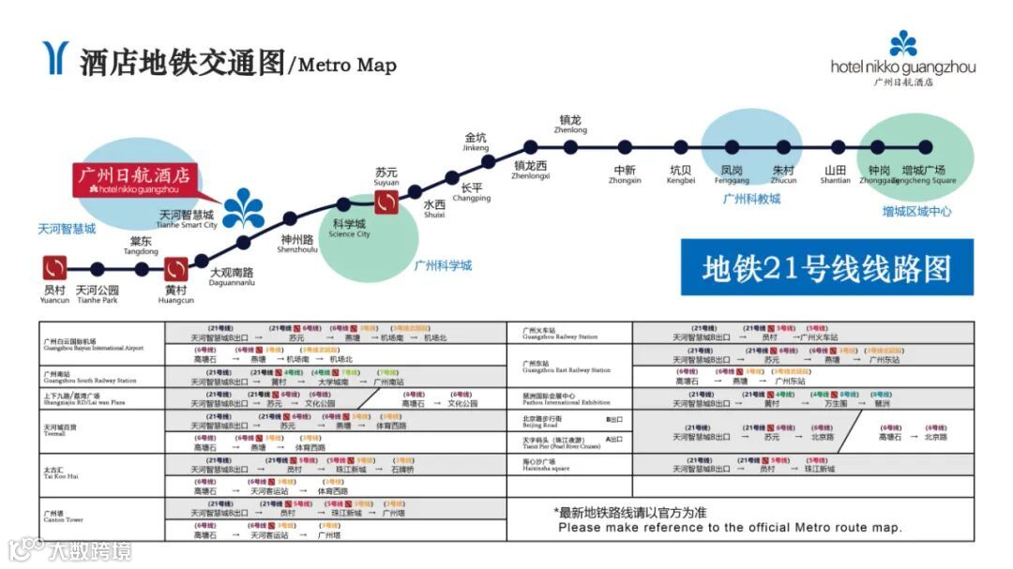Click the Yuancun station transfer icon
click(55, 269)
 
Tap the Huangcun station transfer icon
click(176, 269)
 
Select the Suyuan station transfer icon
click(387, 200)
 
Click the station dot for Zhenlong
click(570, 146)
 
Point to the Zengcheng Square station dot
click(925, 146)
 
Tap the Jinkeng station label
click(476, 142)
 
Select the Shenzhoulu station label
click(297, 245)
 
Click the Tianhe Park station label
click(98, 294)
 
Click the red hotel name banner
click(135, 179)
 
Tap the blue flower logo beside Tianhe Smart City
click(243, 207)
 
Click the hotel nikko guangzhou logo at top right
click(902, 57)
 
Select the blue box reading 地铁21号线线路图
click(826, 268)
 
